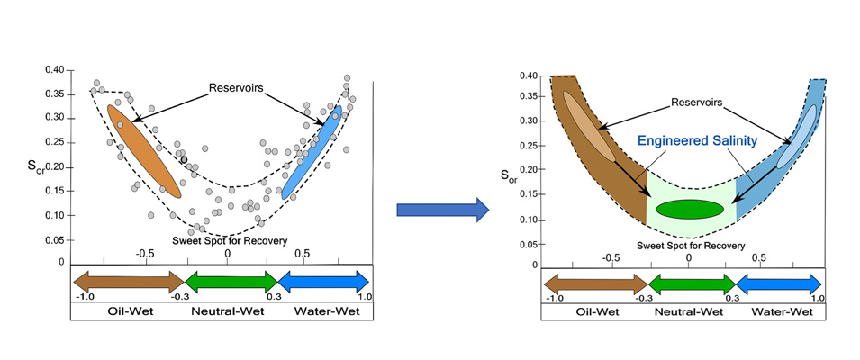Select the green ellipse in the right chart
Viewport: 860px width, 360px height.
coord(690,209)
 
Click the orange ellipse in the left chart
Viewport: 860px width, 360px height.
coord(143,150)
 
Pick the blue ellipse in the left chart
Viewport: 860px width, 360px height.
coord(312,151)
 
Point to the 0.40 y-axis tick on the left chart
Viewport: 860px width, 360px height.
coord(56,70)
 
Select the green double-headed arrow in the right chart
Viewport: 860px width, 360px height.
coord(689,286)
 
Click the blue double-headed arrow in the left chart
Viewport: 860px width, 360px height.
coord(323,281)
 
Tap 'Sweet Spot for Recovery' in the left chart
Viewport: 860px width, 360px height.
coord(230,242)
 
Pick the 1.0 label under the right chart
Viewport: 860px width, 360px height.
coord(816,298)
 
